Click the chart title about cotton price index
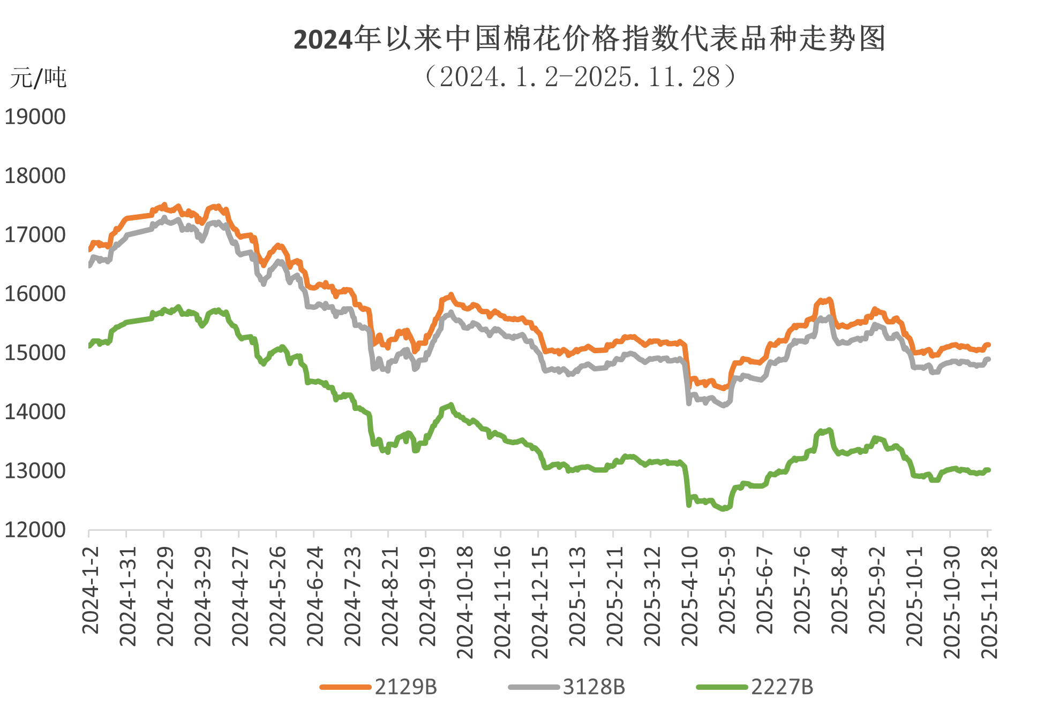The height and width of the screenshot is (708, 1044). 589,39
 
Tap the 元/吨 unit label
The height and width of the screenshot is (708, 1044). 37,78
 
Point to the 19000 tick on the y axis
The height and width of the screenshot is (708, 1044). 35,117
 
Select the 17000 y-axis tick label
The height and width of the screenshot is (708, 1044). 35,234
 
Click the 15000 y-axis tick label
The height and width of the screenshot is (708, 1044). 35,353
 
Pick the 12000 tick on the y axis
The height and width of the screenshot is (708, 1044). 35,529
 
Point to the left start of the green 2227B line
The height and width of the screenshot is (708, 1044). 89,346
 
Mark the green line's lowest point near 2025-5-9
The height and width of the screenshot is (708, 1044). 724,509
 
